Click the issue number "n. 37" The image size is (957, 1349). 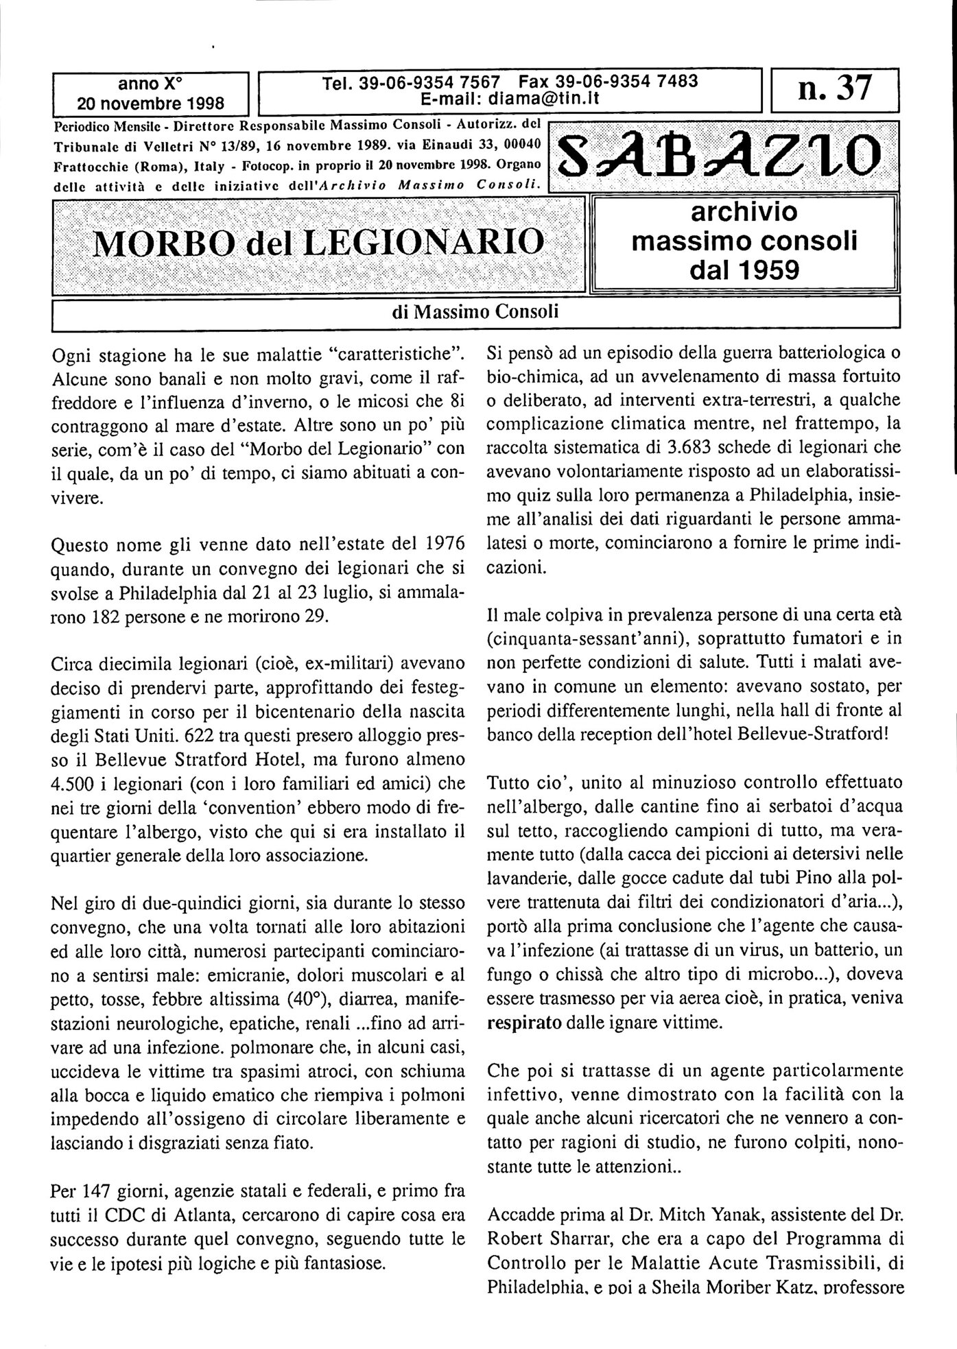pos(834,90)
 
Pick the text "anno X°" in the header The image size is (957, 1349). pos(151,84)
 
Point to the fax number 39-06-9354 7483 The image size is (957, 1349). pos(609,81)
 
